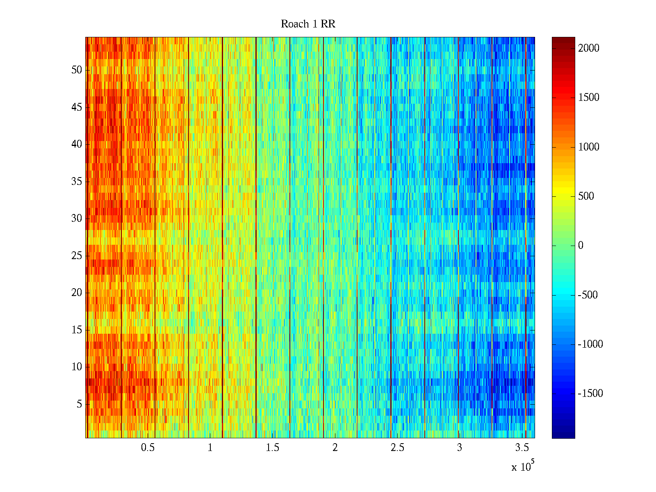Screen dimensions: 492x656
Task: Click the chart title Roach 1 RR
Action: (308, 24)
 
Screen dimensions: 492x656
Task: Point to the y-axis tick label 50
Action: (77, 70)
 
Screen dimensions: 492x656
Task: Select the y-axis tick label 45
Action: (77, 107)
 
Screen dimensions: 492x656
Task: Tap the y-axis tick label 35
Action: (77, 182)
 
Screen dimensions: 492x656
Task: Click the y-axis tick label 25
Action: (77, 256)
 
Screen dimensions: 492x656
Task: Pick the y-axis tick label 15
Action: (77, 330)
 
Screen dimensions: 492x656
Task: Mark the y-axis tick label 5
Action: (79, 404)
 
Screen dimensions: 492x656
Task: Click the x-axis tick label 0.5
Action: (148, 448)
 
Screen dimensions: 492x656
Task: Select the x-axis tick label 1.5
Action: (272, 448)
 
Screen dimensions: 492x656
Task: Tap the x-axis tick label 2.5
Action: (397, 448)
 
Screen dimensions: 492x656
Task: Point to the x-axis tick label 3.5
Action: (522, 448)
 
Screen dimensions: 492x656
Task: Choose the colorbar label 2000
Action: (589, 48)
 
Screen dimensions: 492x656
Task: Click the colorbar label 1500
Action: (589, 98)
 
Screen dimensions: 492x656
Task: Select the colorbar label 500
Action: (586, 196)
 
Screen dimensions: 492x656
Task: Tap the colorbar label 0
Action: (581, 246)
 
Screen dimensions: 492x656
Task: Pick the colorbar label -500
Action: (588, 295)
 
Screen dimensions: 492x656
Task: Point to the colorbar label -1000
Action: (590, 344)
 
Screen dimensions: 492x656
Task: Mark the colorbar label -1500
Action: (590, 394)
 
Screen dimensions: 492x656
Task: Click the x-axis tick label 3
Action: (460, 448)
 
